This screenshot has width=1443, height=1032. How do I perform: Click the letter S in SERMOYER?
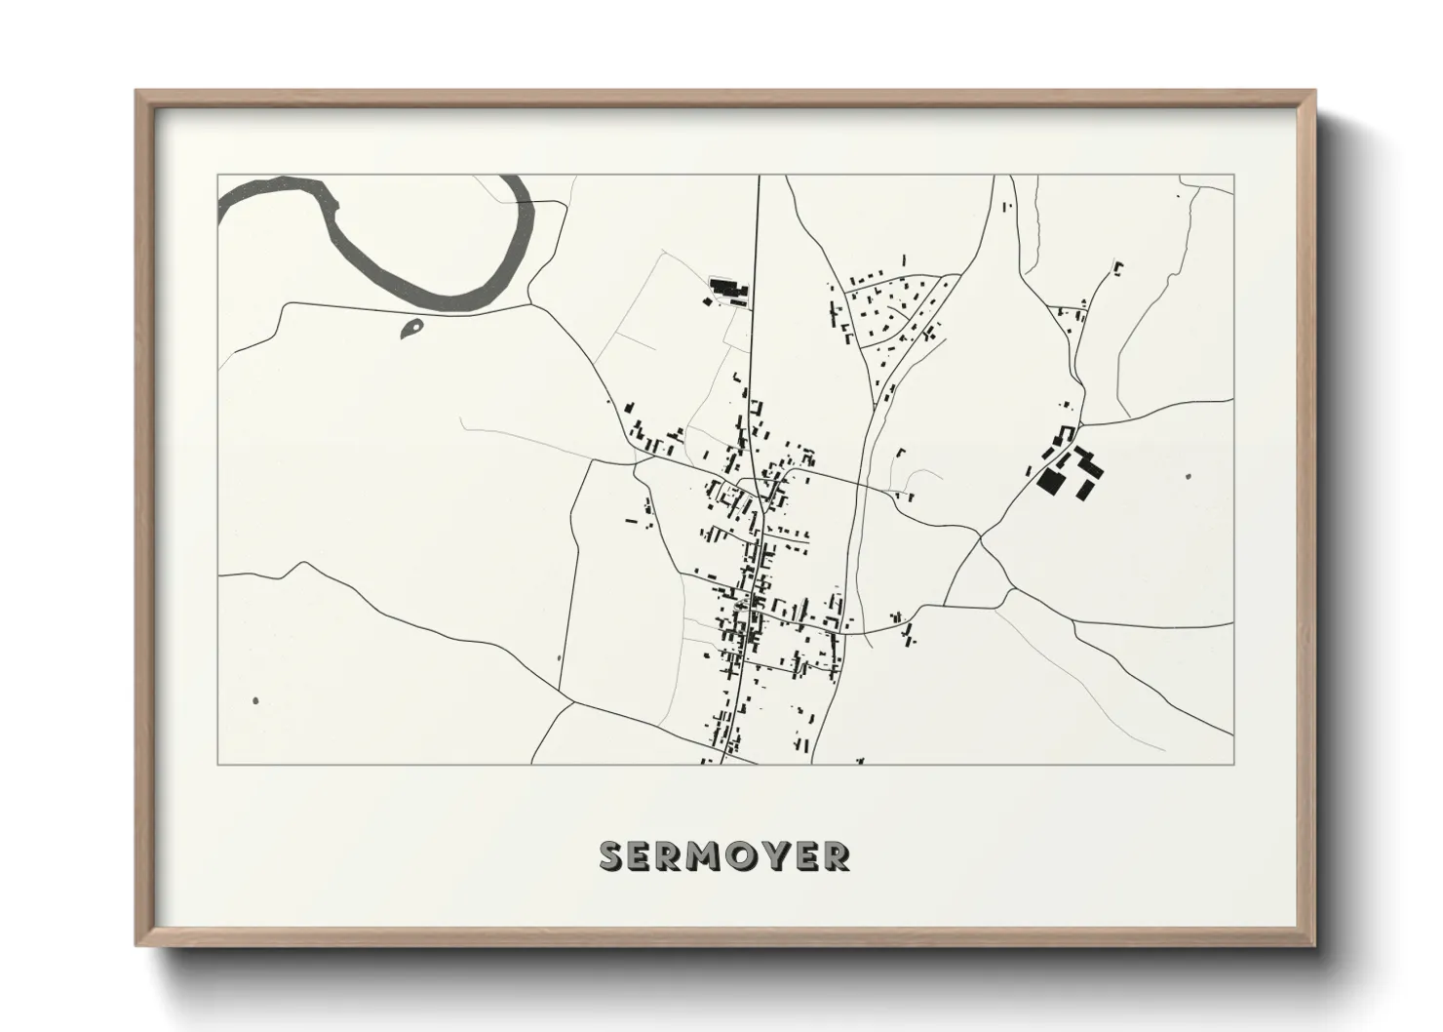coord(612,855)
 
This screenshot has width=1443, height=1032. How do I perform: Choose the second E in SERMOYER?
coord(806,855)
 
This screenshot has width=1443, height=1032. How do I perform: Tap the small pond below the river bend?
coord(411,329)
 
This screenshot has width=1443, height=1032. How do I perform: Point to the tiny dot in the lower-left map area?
coord(255,700)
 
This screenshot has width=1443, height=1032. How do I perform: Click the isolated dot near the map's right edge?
coord(1189,477)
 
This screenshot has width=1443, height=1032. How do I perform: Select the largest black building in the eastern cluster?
coord(1050,480)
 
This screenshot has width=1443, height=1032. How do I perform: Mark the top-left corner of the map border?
coord(217,176)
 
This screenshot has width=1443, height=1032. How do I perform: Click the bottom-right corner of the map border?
coord(1234,764)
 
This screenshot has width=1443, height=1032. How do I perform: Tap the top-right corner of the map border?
coord(1234,176)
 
